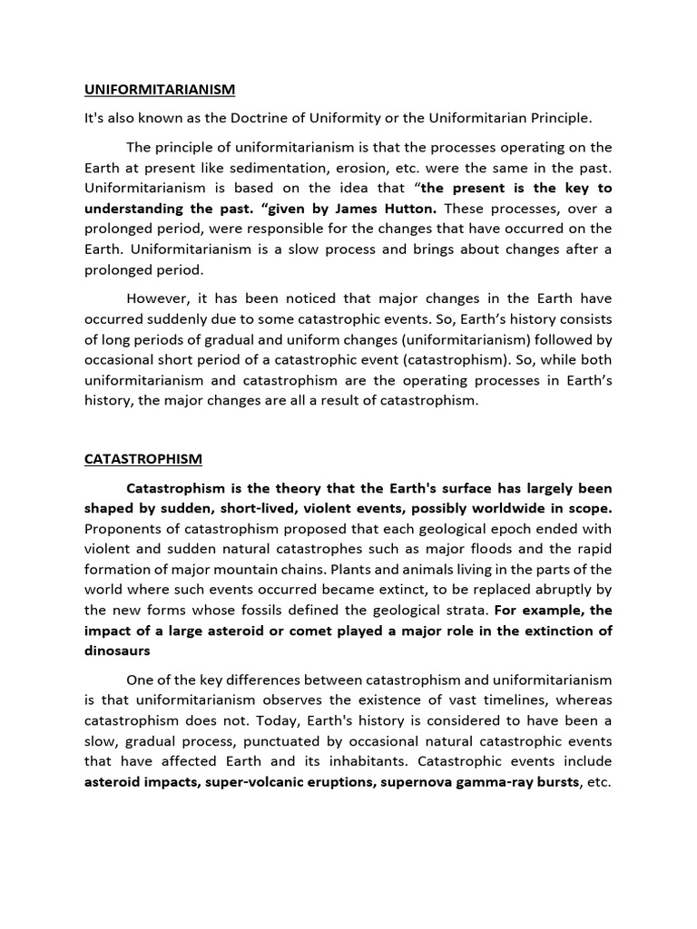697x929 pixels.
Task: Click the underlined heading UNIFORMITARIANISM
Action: (160, 90)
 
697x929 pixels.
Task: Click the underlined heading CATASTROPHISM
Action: (142, 459)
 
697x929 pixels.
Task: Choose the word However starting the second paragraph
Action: (156, 298)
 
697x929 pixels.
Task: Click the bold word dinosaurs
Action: (117, 650)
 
